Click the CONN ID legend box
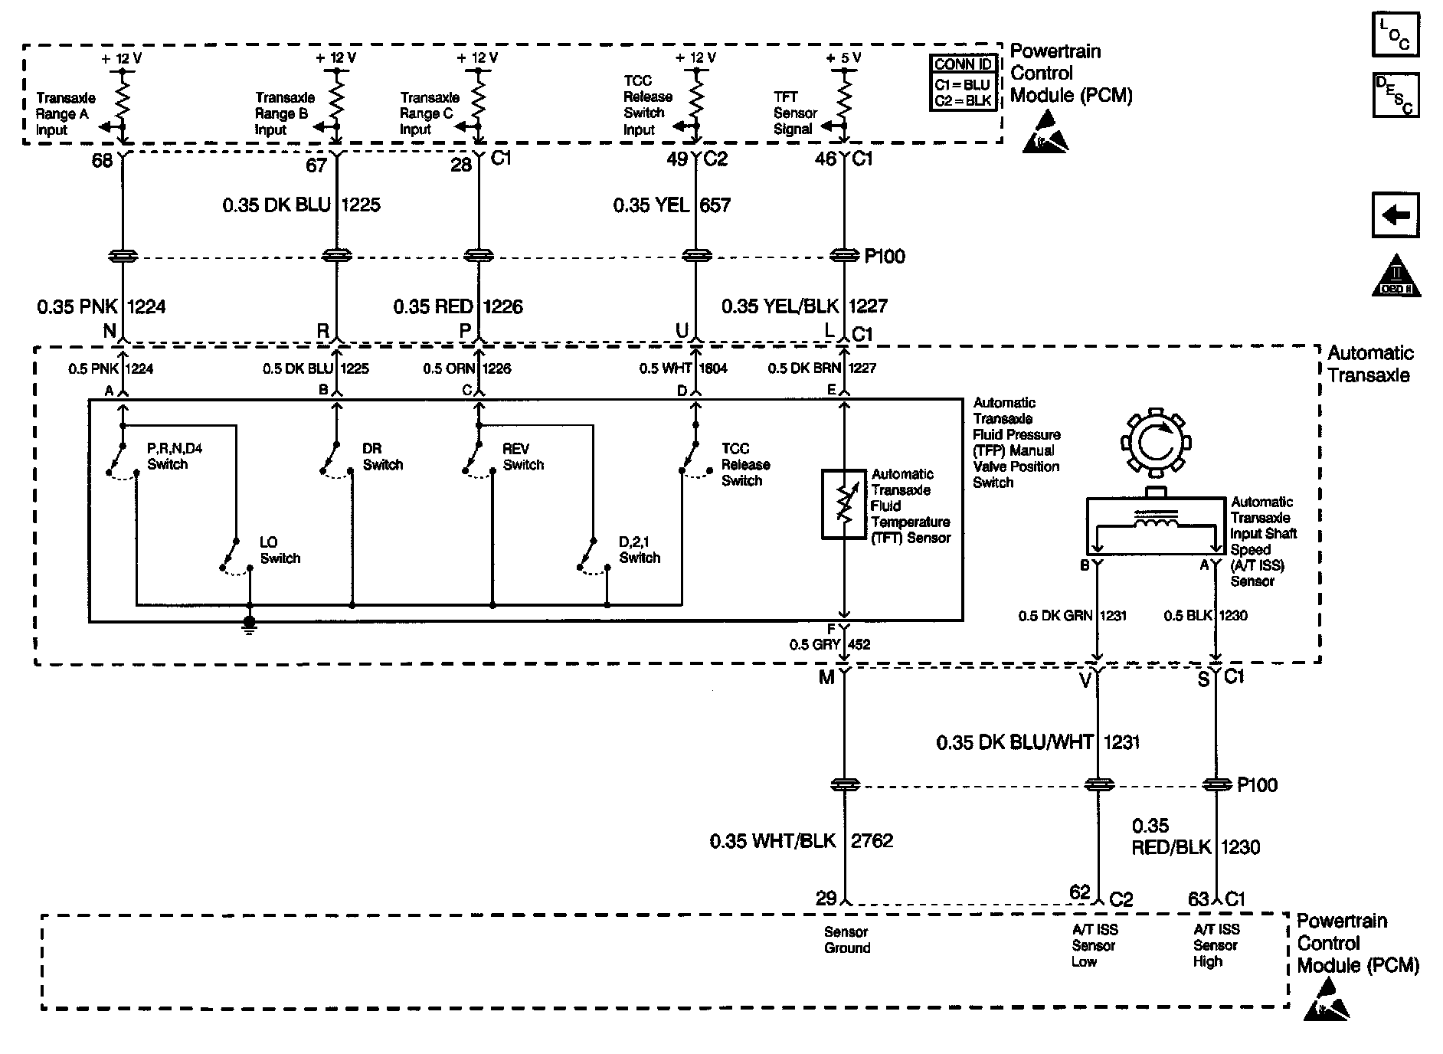coord(964,83)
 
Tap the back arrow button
coord(1395,215)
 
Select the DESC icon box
coord(1395,94)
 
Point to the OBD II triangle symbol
coord(1395,277)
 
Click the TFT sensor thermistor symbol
coord(843,504)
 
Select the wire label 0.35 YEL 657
coord(672,205)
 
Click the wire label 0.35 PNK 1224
coord(101,307)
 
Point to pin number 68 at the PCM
coord(102,161)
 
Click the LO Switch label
coord(280,551)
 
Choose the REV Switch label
coord(523,457)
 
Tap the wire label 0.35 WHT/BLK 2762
coord(800,841)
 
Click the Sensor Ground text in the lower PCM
coord(846,940)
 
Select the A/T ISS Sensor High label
coord(1216,945)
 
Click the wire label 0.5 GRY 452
coord(829,645)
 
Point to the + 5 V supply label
coord(843,57)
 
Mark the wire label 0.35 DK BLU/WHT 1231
coord(1037,742)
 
